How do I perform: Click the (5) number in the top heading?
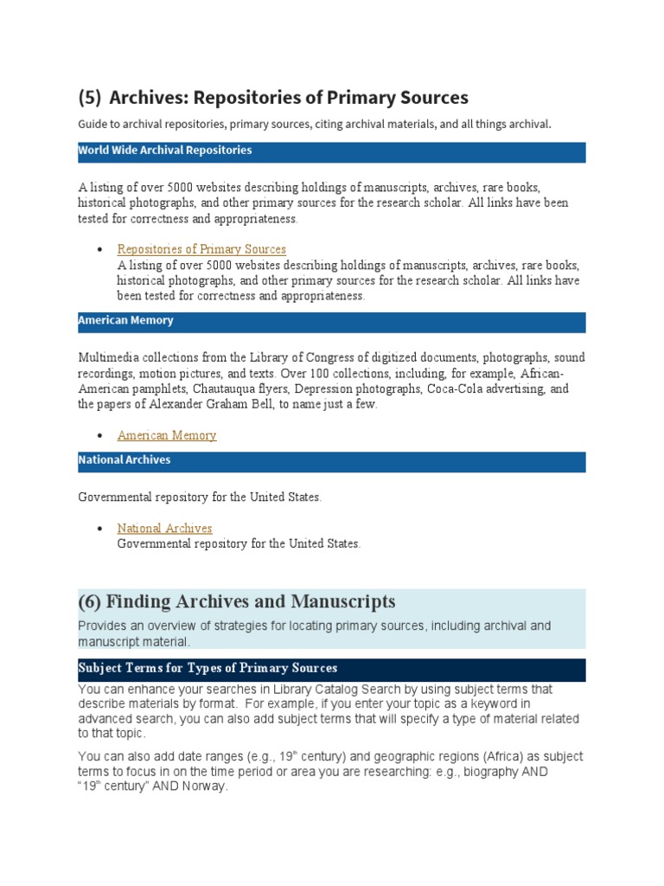click(90, 98)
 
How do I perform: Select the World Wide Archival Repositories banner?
click(332, 151)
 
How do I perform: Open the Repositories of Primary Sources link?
click(201, 249)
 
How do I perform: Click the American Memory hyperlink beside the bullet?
click(167, 435)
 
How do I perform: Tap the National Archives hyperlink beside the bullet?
click(164, 528)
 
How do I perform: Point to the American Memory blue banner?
click(332, 322)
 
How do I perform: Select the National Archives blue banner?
click(332, 461)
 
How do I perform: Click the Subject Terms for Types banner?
click(332, 670)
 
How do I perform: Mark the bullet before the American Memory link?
click(100, 435)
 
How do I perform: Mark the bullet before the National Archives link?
click(100, 528)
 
